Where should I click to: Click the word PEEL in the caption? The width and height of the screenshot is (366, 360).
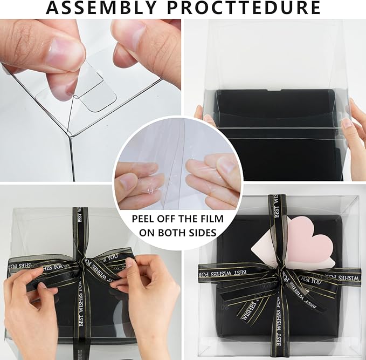tap(144, 220)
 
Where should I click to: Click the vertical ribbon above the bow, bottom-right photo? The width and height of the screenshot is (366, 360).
tap(275, 221)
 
